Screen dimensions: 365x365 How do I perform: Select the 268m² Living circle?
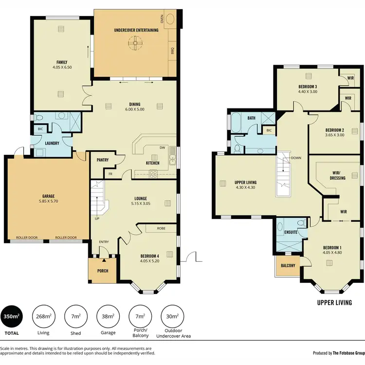43,316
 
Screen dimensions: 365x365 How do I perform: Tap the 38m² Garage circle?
108,316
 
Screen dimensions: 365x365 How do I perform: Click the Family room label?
61,62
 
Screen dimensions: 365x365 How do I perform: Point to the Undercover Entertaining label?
136,30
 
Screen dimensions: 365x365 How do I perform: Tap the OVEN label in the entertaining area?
162,19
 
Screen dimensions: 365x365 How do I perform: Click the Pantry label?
103,160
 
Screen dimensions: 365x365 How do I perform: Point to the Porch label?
102,271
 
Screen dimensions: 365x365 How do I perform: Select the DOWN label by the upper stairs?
295,158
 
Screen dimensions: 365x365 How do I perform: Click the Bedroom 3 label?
308,87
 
